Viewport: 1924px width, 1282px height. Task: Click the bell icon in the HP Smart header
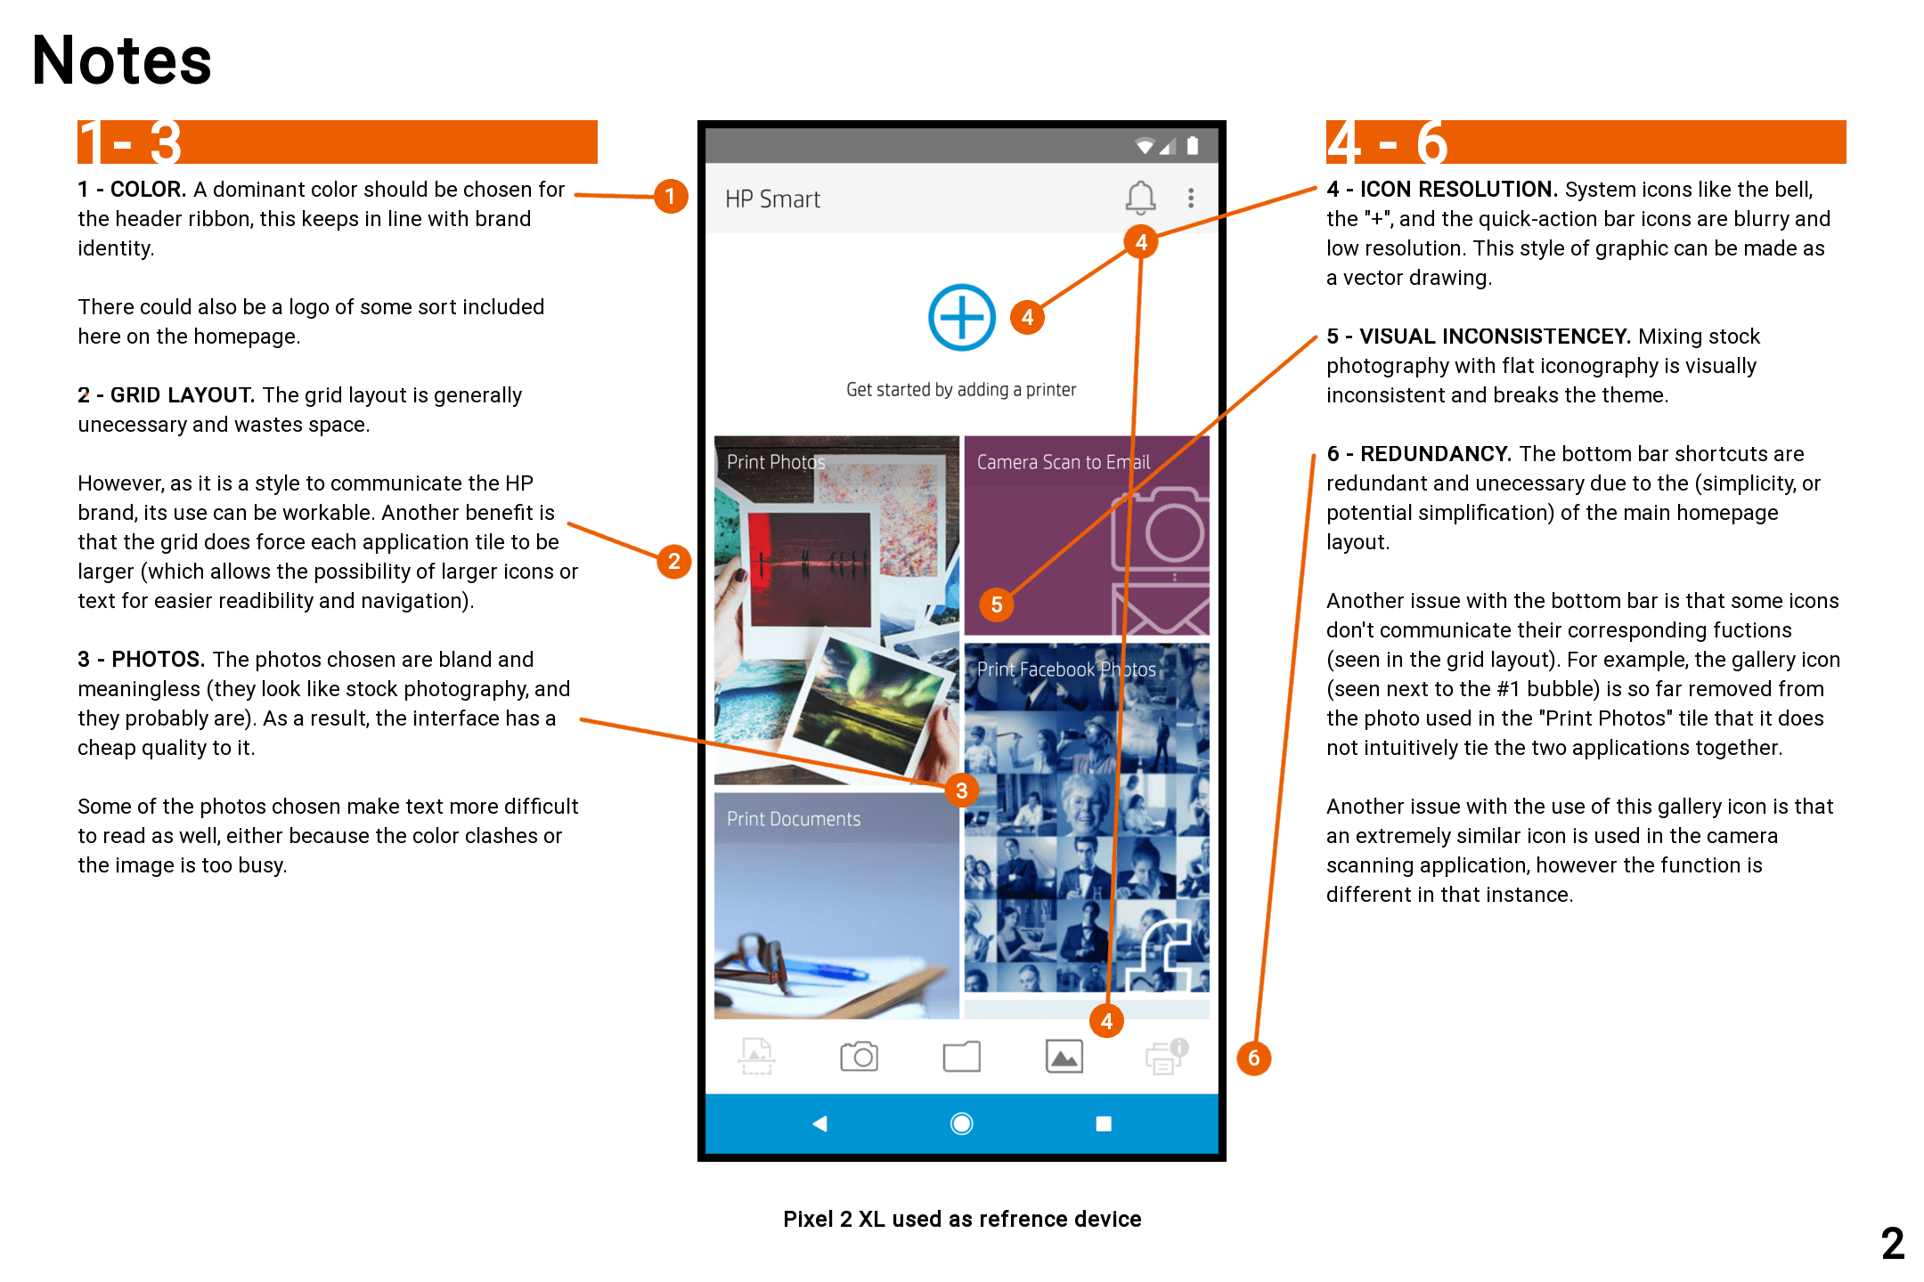[x=1140, y=198]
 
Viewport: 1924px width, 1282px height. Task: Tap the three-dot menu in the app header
[x=1191, y=198]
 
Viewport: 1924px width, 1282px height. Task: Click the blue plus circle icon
[x=962, y=317]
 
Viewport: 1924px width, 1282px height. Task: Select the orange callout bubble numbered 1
[x=670, y=196]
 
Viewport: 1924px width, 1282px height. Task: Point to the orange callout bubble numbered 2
[x=674, y=561]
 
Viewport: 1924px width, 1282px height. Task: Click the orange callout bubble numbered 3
[x=962, y=790]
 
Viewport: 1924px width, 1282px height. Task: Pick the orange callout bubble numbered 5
[x=997, y=604]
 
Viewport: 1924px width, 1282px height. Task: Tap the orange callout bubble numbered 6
[x=1254, y=1058]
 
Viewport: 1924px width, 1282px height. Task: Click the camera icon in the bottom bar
[x=859, y=1056]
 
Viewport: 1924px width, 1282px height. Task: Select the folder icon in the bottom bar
[x=962, y=1057]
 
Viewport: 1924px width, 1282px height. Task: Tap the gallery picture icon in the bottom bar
[x=1064, y=1057]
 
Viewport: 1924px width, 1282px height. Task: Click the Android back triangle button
[x=820, y=1124]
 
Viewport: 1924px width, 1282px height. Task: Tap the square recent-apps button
[x=1104, y=1124]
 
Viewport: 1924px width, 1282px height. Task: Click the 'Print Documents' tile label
[x=794, y=819]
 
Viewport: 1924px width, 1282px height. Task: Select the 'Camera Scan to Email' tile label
[x=1064, y=462]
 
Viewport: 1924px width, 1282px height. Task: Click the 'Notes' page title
[x=122, y=61]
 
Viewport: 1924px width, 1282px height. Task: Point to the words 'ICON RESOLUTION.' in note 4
[x=1458, y=190]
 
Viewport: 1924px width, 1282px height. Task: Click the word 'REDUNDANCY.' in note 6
[x=1436, y=454]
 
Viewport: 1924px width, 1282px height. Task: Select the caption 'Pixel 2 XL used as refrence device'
[x=962, y=1219]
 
